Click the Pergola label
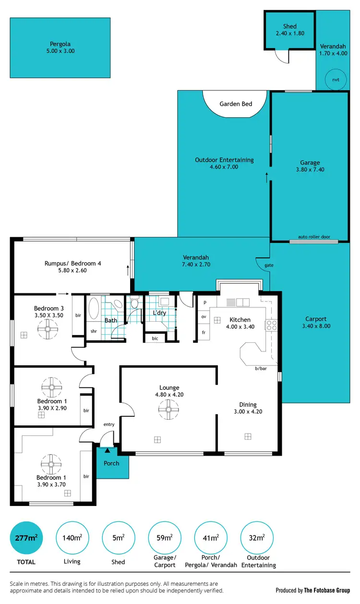click(x=62, y=43)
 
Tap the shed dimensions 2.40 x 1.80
click(x=289, y=34)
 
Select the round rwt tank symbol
click(x=336, y=80)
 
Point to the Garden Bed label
click(x=236, y=104)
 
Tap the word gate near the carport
click(x=268, y=265)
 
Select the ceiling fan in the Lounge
click(x=169, y=409)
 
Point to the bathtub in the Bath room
click(x=94, y=307)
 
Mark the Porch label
click(x=112, y=463)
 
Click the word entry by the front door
click(x=109, y=424)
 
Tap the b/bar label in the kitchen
click(x=261, y=369)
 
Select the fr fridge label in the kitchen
click(x=204, y=332)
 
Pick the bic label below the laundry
click(x=155, y=338)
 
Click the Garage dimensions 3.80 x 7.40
click(x=310, y=169)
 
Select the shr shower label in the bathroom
click(x=94, y=331)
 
